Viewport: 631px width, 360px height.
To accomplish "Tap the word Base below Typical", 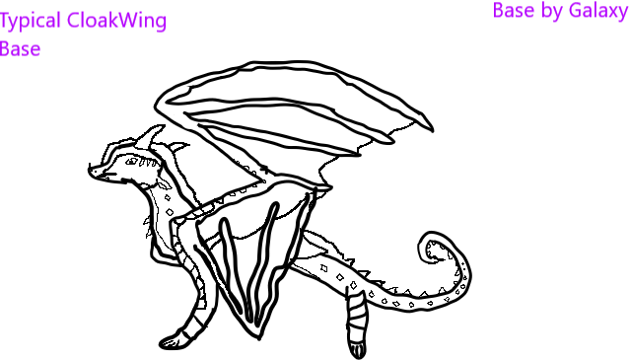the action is pos(21,49).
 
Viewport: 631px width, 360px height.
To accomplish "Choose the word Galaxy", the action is pos(597,12).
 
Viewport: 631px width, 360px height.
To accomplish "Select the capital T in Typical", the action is pos(5,21).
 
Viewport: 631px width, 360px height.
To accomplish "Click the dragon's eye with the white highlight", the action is pos(130,160).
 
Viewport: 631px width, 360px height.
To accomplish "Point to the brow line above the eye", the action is pos(139,149).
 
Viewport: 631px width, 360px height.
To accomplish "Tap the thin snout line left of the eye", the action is pos(105,176).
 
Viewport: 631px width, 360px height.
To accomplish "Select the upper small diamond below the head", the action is pos(167,197).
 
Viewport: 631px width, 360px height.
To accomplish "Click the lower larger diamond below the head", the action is pos(170,212).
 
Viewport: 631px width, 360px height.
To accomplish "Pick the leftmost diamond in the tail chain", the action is pos(323,268).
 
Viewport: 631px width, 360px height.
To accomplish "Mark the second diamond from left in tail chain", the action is pos(339,277).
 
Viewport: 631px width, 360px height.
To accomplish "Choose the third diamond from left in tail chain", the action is pos(353,285).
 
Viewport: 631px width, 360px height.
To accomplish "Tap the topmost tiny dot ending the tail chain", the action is pos(463,263).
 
